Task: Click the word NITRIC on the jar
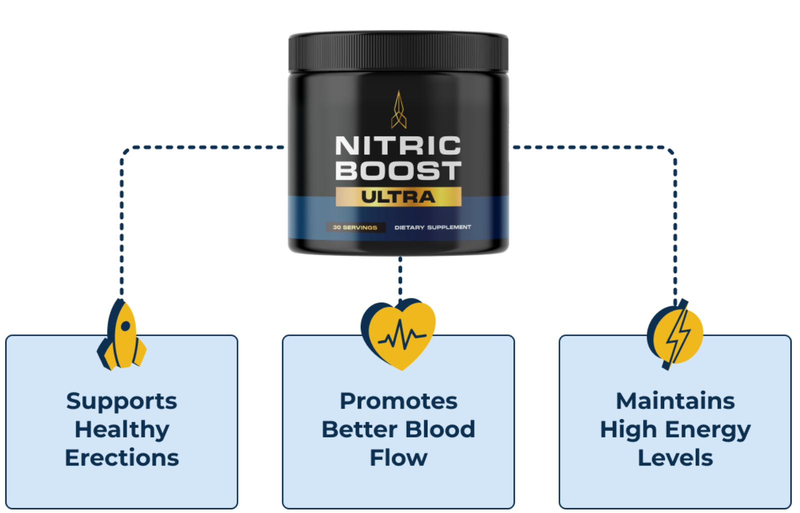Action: click(398, 146)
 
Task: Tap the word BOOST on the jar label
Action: click(398, 171)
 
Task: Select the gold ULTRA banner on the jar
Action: click(398, 197)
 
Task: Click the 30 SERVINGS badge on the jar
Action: click(355, 227)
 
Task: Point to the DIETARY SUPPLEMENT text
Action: click(432, 227)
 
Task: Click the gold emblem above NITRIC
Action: click(398, 110)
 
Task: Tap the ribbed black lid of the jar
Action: click(398, 52)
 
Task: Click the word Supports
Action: click(121, 401)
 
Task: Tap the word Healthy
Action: click(122, 430)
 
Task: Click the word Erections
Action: click(122, 458)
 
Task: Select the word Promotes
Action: click(398, 401)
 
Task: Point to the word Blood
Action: click(440, 429)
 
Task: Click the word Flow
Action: click(398, 458)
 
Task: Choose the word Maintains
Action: click(675, 401)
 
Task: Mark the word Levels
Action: click(675, 458)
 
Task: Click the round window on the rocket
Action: click(125, 326)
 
